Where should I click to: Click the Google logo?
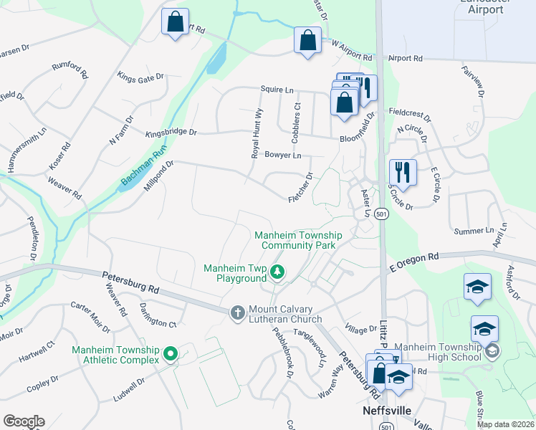point(24,421)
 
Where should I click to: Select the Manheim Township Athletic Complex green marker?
point(171,353)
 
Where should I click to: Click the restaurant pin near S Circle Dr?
point(401,173)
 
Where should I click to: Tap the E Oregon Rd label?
point(413,258)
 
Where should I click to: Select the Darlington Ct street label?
point(158,314)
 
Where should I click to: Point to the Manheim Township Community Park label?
point(298,240)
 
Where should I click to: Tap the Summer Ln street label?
point(474,231)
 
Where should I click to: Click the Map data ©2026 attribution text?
point(504,424)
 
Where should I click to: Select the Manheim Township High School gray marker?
point(492,351)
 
